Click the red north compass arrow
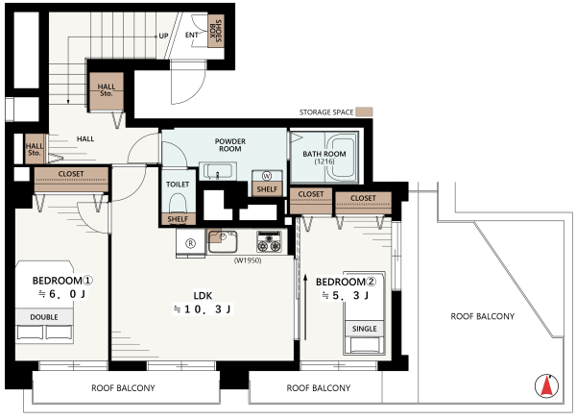(547, 386)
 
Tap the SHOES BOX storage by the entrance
(216, 31)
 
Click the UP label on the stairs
(163, 37)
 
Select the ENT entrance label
(191, 35)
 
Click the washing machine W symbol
(267, 176)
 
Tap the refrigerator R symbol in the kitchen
(190, 243)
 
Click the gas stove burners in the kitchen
(269, 241)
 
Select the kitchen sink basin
(223, 241)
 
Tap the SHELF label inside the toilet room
(178, 219)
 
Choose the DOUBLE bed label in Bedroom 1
(44, 317)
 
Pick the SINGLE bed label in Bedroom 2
(365, 329)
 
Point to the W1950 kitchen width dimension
(248, 260)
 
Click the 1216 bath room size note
(324, 161)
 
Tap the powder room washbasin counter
(218, 171)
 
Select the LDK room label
(203, 295)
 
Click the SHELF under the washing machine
(267, 189)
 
